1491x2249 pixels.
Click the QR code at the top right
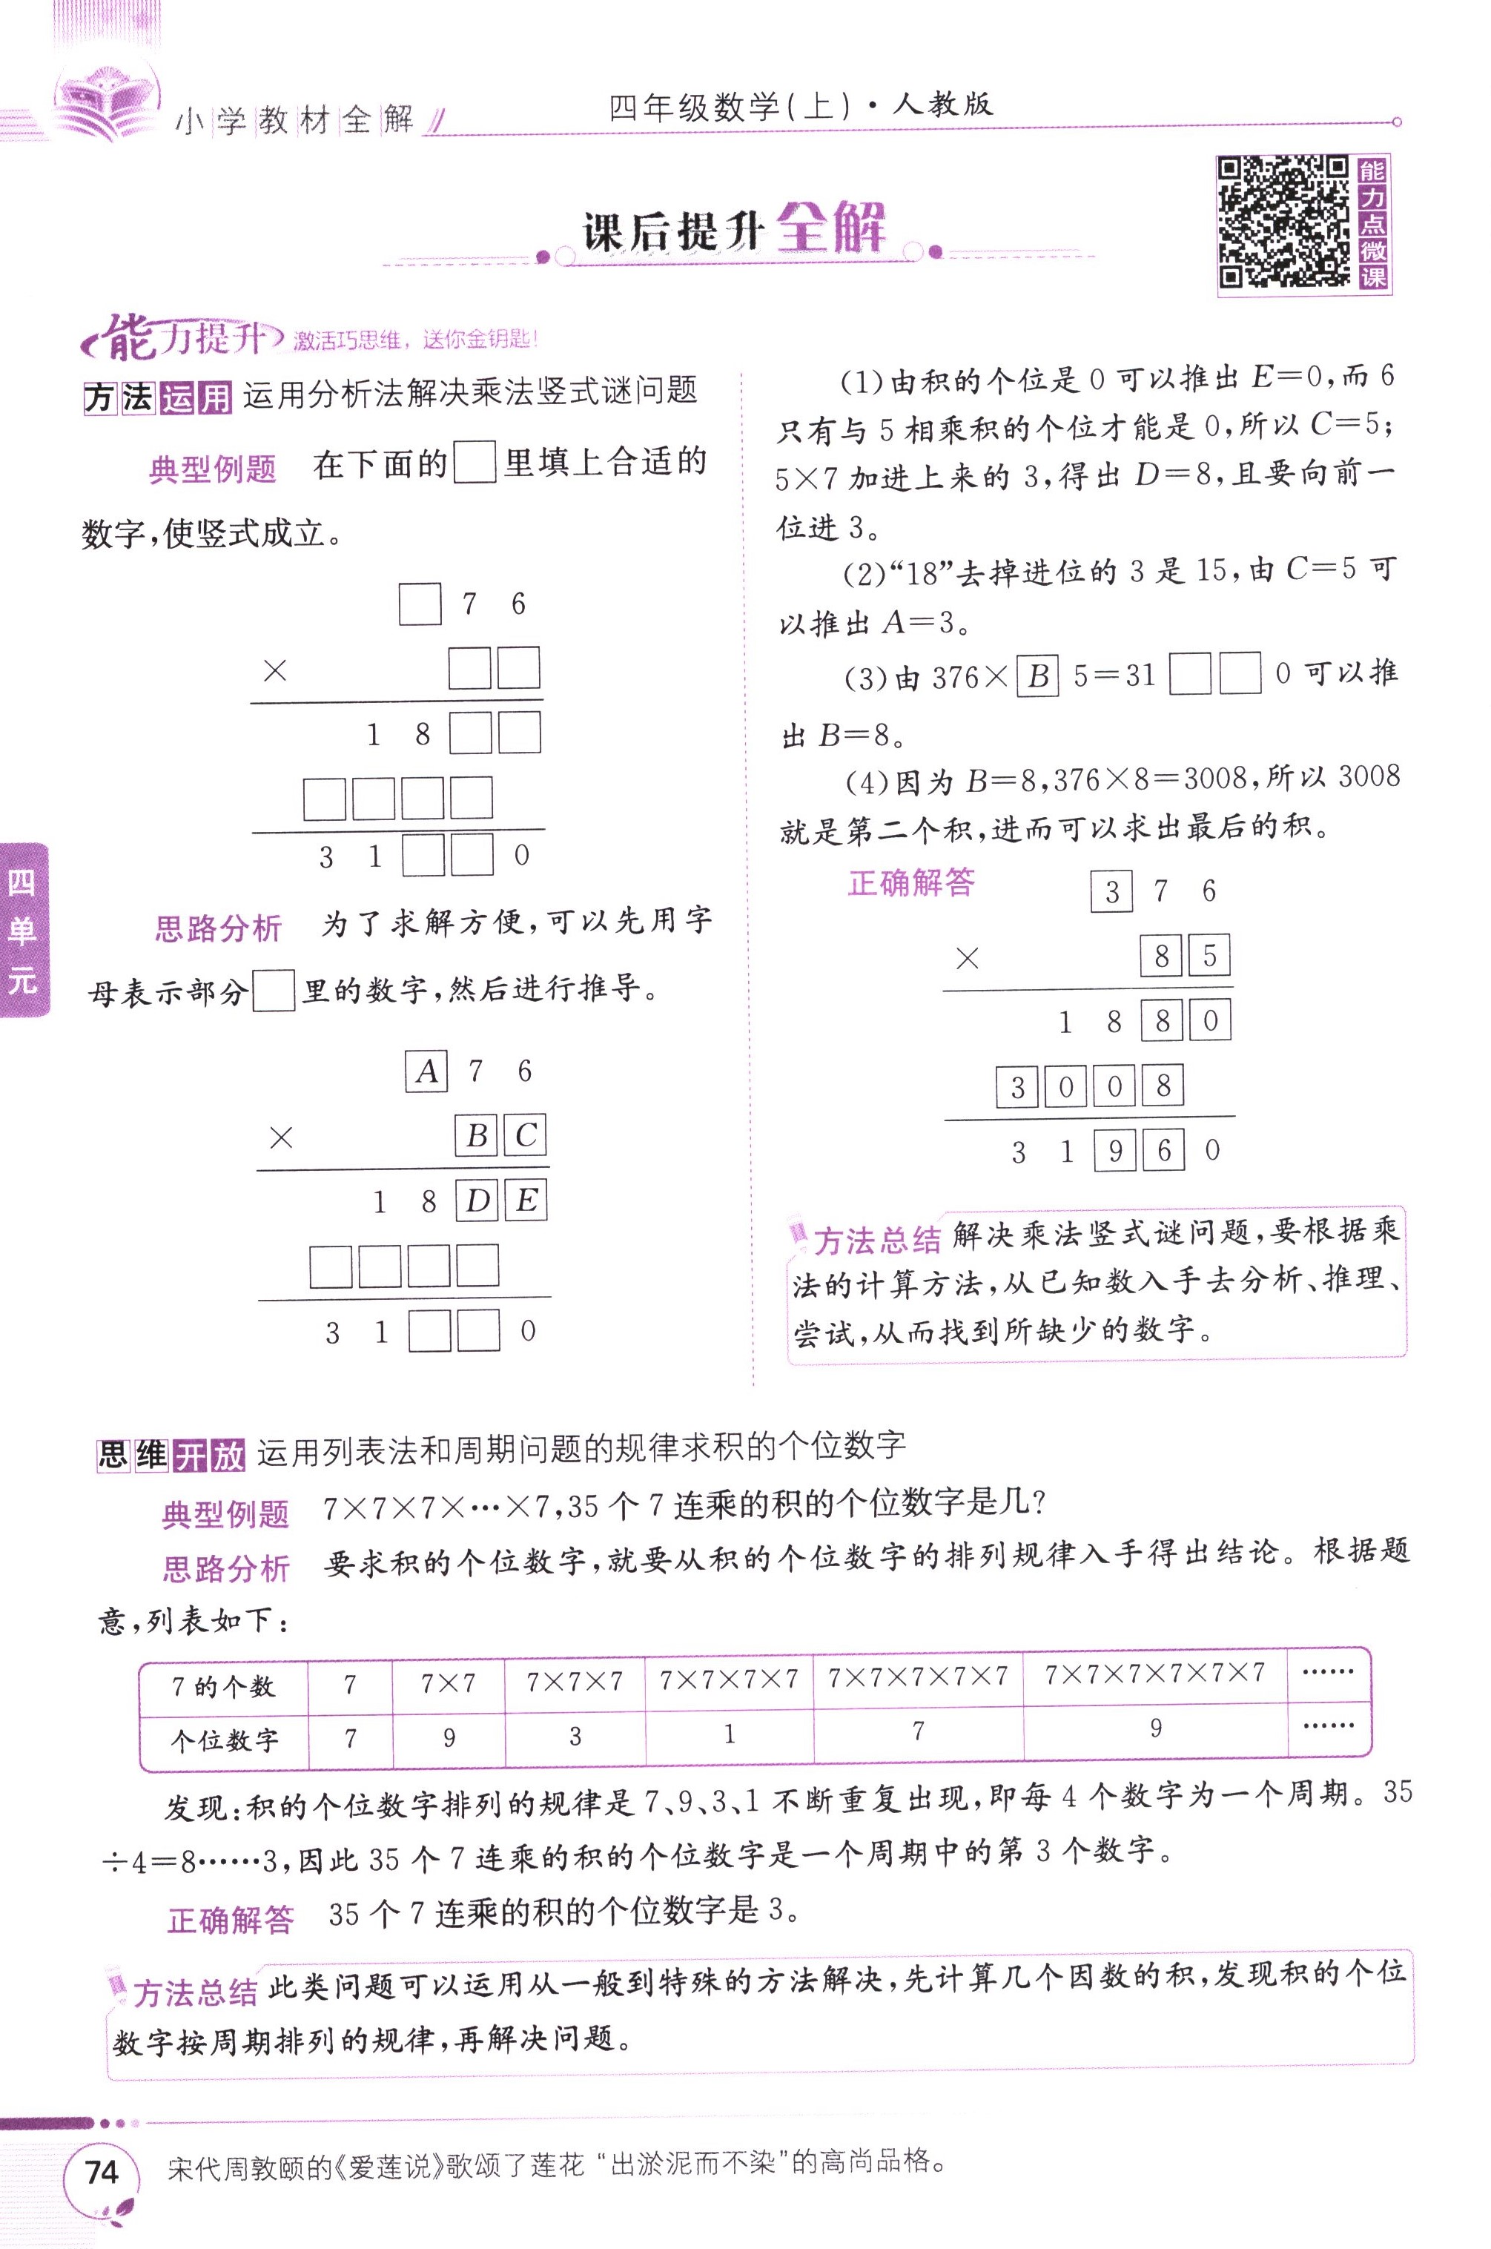1283,222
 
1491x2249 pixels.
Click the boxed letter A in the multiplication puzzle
427,1071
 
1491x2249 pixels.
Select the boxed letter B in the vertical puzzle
477,1135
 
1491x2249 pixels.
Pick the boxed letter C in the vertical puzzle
526,1135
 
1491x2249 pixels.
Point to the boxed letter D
477,1201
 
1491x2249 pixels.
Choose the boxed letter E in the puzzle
526,1201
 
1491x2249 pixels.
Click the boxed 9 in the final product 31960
1115,1152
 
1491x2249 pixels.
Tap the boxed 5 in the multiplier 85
1209,956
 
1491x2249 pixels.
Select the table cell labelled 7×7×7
575,1682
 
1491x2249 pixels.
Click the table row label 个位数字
225,1740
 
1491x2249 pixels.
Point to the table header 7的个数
225,1686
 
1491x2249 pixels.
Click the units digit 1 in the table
730,1734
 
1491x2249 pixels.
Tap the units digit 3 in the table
575,1737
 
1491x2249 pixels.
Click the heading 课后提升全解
734,229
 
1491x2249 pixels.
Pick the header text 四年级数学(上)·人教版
801,105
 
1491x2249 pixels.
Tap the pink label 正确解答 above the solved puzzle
911,883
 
